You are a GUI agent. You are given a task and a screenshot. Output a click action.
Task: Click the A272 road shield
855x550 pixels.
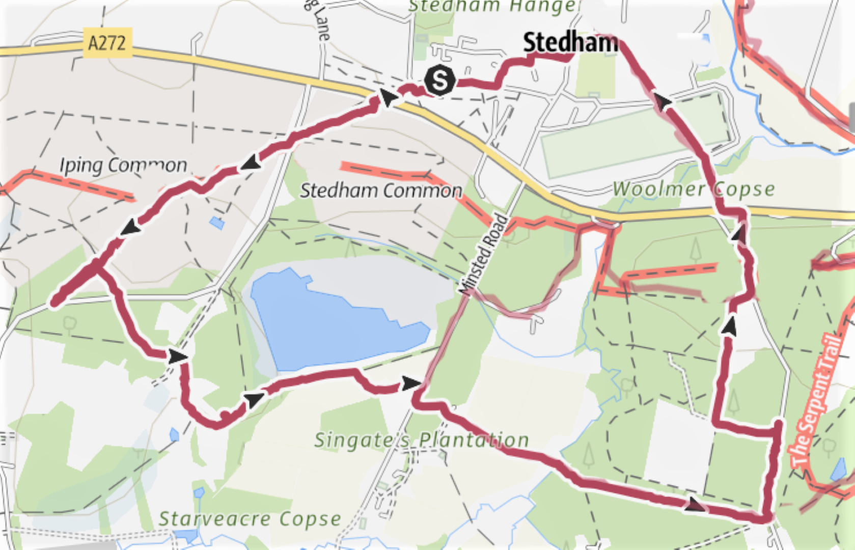tap(107, 42)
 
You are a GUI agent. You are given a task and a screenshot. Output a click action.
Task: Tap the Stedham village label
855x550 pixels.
tap(570, 42)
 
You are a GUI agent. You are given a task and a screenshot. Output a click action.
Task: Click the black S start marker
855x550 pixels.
tap(439, 80)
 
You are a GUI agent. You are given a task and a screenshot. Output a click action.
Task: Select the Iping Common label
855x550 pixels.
tap(123, 165)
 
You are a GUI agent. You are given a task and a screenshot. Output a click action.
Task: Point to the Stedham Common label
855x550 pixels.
tap(380, 190)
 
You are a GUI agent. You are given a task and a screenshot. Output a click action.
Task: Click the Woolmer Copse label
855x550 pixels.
tap(693, 189)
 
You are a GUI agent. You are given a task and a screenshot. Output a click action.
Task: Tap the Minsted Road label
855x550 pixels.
tap(483, 254)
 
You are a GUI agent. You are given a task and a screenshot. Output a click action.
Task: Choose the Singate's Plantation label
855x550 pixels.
tap(421, 440)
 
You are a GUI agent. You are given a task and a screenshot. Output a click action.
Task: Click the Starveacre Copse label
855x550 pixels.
tap(250, 519)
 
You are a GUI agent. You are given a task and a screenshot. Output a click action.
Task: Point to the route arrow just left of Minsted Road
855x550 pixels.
tap(410, 383)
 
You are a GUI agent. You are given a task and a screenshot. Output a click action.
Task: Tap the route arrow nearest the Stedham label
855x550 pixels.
tap(662, 102)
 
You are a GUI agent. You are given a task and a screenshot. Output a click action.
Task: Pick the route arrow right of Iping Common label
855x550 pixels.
tap(251, 163)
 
